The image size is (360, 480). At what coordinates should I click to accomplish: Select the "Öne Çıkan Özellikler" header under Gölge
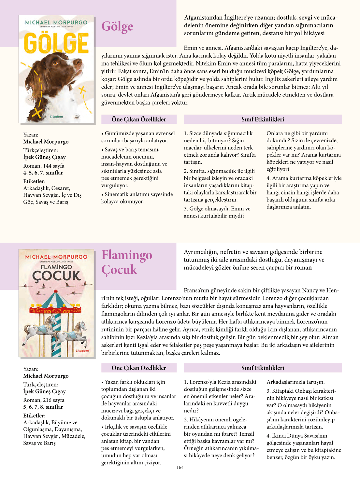(139, 119)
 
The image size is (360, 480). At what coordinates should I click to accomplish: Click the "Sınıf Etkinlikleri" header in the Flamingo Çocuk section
(263, 368)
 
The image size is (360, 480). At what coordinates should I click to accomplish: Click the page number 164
(180, 467)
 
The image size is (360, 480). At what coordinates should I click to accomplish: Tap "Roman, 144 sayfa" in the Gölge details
(44, 166)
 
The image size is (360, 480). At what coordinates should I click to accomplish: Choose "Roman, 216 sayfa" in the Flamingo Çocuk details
(44, 400)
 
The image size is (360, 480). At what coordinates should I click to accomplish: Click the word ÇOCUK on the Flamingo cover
(56, 276)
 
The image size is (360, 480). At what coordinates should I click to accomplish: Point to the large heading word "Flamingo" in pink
(127, 255)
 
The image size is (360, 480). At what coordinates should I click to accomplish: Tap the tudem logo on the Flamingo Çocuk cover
(82, 351)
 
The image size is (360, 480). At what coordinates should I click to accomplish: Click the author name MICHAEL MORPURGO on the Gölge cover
(56, 22)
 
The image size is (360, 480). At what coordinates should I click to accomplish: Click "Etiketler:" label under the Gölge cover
(34, 181)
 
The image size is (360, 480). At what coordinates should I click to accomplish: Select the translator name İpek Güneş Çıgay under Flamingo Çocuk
(44, 391)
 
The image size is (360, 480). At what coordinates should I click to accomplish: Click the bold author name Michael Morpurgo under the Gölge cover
(46, 142)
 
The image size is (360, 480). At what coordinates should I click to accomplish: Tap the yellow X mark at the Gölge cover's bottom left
(37, 113)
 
